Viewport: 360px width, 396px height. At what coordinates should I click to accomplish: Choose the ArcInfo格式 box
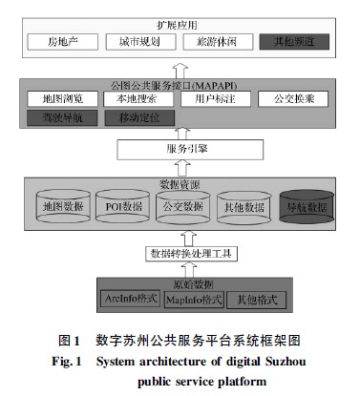point(129,300)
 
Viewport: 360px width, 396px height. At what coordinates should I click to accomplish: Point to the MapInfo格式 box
point(194,300)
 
